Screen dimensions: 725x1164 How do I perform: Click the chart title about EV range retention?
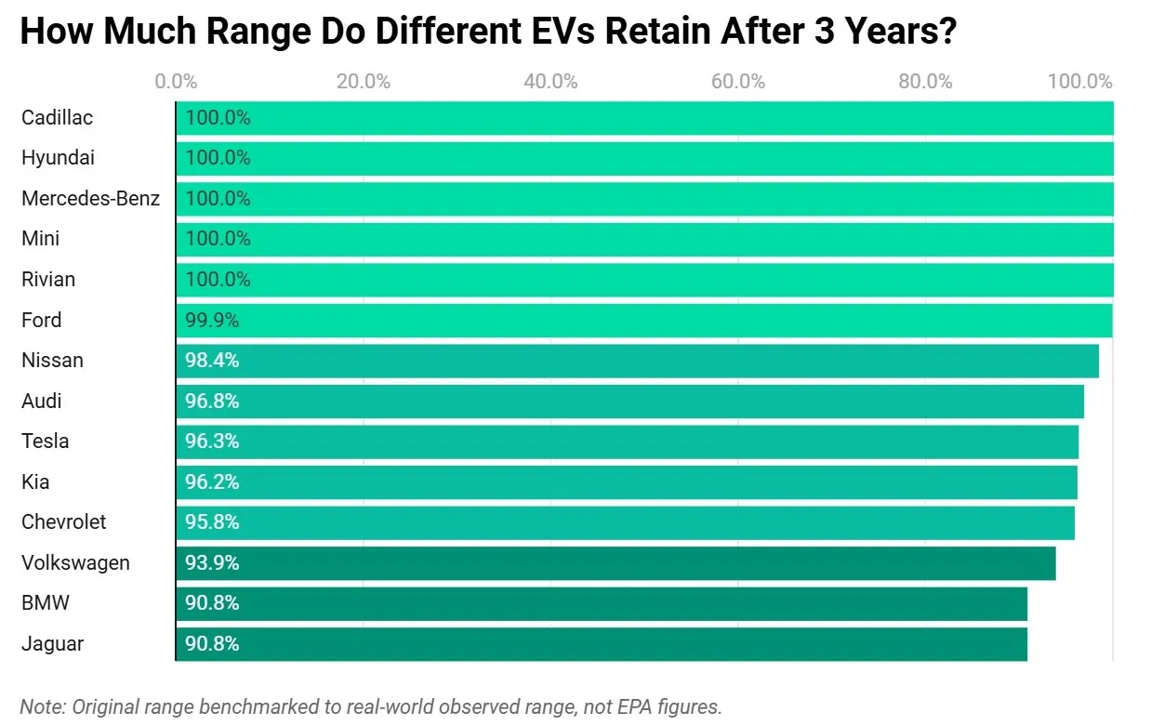click(488, 32)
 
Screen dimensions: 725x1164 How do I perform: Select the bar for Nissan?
click(637, 361)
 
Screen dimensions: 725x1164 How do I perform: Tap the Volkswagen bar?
click(615, 563)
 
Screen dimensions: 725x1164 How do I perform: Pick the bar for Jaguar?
click(601, 644)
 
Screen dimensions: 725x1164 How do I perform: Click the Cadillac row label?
click(57, 118)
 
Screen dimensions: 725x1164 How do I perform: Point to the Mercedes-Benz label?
click(90, 199)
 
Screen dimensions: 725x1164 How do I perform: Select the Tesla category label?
click(45, 442)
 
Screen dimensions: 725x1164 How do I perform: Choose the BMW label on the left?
click(45, 603)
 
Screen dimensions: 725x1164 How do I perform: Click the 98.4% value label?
click(212, 361)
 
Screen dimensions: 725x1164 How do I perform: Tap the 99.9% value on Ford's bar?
click(212, 321)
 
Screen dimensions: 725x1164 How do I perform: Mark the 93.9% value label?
click(212, 563)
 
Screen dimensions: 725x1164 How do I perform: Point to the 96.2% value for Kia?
click(212, 482)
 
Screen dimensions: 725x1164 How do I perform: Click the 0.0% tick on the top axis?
click(176, 82)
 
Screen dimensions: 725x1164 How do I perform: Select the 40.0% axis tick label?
click(550, 82)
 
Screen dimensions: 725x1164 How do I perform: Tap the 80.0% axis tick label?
click(925, 82)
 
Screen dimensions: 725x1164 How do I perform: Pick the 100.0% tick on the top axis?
click(1079, 82)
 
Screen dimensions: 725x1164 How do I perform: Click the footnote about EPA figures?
click(370, 706)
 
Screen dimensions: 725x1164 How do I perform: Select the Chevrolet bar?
click(625, 522)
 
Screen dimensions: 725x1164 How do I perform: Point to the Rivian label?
click(48, 280)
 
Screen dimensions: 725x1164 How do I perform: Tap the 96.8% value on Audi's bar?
click(212, 402)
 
